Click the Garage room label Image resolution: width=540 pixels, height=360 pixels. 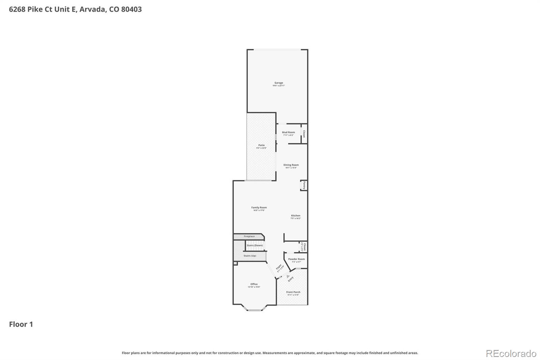pos(279,83)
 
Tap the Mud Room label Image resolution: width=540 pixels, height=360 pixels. pos(288,132)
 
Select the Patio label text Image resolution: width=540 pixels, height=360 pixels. pos(262,145)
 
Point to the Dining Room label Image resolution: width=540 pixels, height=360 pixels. pos(291,165)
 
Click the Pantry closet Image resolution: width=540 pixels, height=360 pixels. pos(304,185)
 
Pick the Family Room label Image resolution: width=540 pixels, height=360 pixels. pos(259,208)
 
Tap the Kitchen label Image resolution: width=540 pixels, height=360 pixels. pos(296,215)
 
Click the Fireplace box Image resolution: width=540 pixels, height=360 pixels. pos(249,236)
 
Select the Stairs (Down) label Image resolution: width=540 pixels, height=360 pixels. pos(255,246)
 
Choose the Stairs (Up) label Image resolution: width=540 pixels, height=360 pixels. pos(250,256)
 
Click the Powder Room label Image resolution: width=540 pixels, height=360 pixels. pos(296,259)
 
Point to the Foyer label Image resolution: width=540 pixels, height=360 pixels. pos(279,267)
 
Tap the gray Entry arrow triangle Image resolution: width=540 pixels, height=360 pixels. pos(288,276)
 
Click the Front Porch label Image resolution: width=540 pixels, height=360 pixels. pos(293,292)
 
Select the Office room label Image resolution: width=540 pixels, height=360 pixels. pos(254,284)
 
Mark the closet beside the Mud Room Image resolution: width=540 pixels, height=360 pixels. pos(304,134)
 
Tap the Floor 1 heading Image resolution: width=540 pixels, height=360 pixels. pos(21,324)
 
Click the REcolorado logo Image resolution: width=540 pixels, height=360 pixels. pos(511,353)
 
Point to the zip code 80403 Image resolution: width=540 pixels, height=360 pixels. pos(131,9)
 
